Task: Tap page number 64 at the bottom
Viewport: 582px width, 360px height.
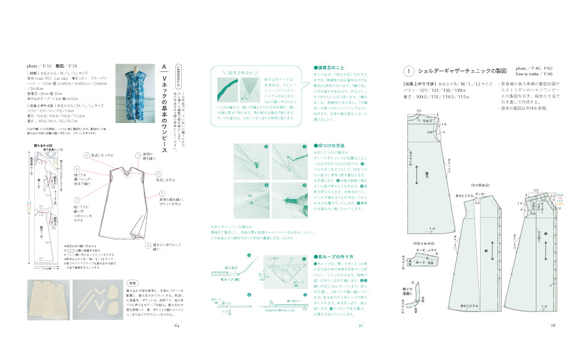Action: pos(177,326)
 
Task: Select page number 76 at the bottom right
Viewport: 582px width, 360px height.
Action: pos(553,326)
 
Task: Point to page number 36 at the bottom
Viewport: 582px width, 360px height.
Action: pos(361,326)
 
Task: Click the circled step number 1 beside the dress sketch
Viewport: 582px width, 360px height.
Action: pos(138,154)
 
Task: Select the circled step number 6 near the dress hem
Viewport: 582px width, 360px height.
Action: pos(148,245)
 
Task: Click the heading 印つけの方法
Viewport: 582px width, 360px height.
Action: pos(332,146)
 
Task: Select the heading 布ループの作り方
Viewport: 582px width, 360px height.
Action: pos(335,257)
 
